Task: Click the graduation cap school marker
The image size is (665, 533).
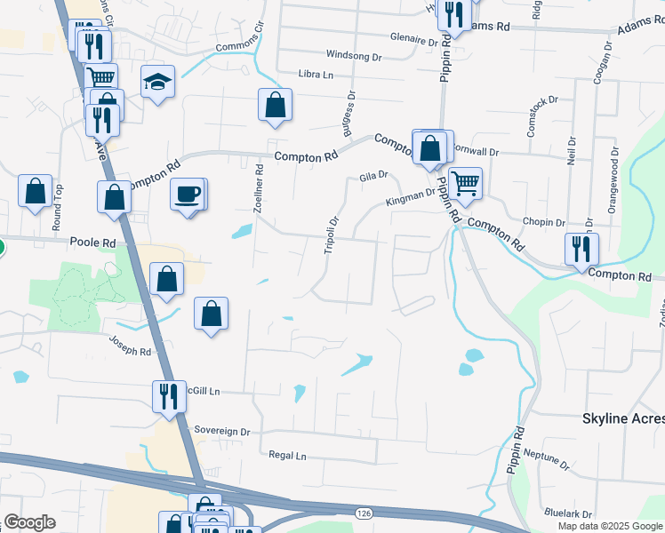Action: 157,82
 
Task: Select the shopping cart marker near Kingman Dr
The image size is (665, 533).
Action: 465,184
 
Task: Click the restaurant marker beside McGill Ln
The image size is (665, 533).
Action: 168,395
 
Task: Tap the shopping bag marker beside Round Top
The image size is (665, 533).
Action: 35,191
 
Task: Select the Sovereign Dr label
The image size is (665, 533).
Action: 223,431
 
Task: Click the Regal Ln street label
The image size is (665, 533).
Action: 287,455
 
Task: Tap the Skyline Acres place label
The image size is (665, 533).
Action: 622,418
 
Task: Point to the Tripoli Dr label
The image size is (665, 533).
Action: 331,235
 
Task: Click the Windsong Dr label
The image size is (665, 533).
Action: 354,55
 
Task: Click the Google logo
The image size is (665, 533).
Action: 30,522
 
